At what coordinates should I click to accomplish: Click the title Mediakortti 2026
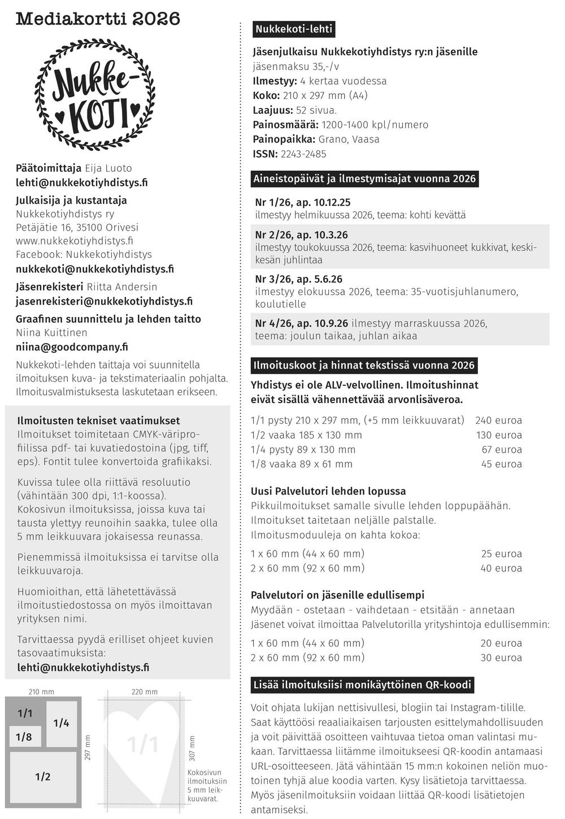[98, 19]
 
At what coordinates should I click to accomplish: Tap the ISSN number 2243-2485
[303, 154]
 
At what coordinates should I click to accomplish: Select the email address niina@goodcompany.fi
[72, 347]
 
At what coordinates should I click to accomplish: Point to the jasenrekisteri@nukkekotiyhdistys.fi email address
[104, 301]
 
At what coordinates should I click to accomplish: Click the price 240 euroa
[498, 421]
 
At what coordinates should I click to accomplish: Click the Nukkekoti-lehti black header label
[294, 29]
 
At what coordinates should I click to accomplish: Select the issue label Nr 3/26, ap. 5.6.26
[298, 279]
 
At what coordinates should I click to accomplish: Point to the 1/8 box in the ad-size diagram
[24, 736]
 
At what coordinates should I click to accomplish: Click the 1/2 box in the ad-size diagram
[43, 777]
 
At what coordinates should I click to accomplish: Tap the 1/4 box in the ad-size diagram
[61, 723]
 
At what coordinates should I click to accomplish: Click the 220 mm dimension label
[145, 692]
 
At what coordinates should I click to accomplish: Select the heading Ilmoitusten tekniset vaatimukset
[98, 421]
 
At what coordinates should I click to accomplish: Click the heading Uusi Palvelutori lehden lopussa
[328, 492]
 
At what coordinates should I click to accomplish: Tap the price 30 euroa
[501, 658]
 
